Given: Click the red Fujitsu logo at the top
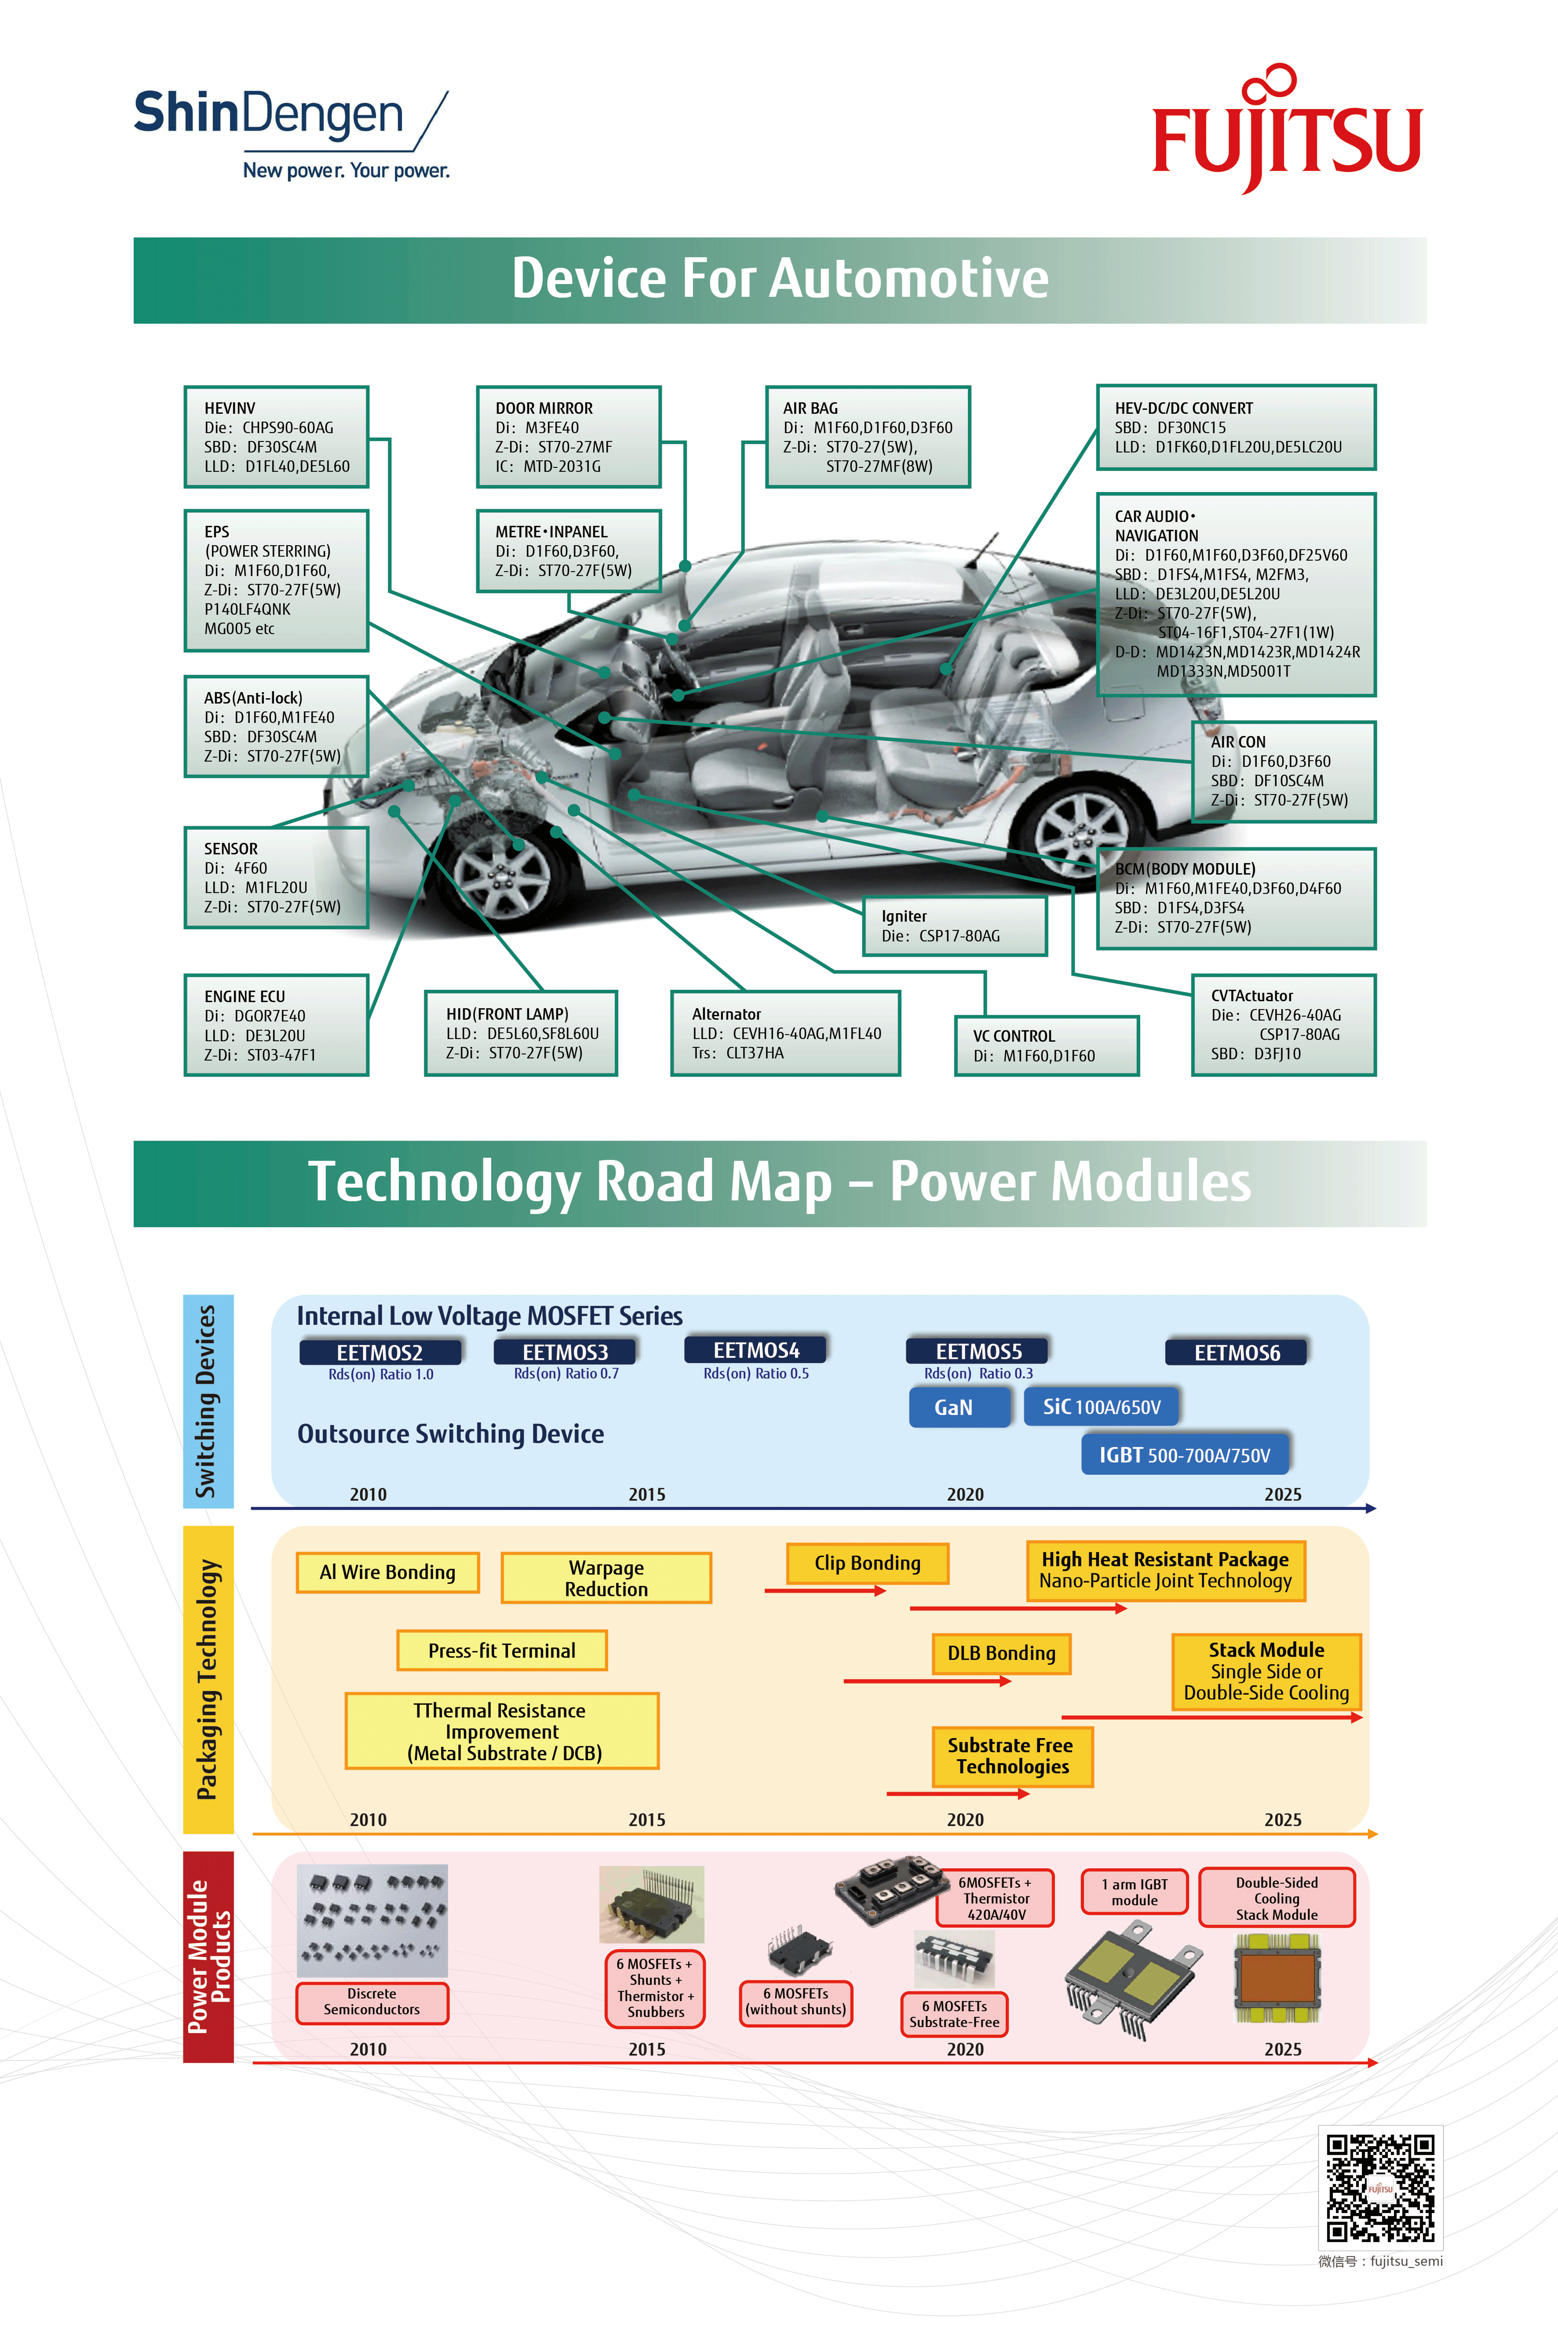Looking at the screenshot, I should (x=1287, y=131).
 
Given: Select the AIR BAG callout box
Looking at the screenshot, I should (x=868, y=437).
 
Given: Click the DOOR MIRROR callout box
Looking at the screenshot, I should (x=568, y=437).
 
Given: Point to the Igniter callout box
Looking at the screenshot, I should (x=954, y=926).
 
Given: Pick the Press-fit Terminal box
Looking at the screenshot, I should (x=502, y=1650).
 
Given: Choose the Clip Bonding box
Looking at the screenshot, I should (x=868, y=1563).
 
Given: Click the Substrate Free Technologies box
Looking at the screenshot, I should (x=1011, y=1756).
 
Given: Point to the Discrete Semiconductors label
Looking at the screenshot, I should (x=372, y=2001).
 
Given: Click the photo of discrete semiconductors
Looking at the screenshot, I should (x=372, y=1920).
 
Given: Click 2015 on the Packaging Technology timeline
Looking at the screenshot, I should (x=647, y=1819).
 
